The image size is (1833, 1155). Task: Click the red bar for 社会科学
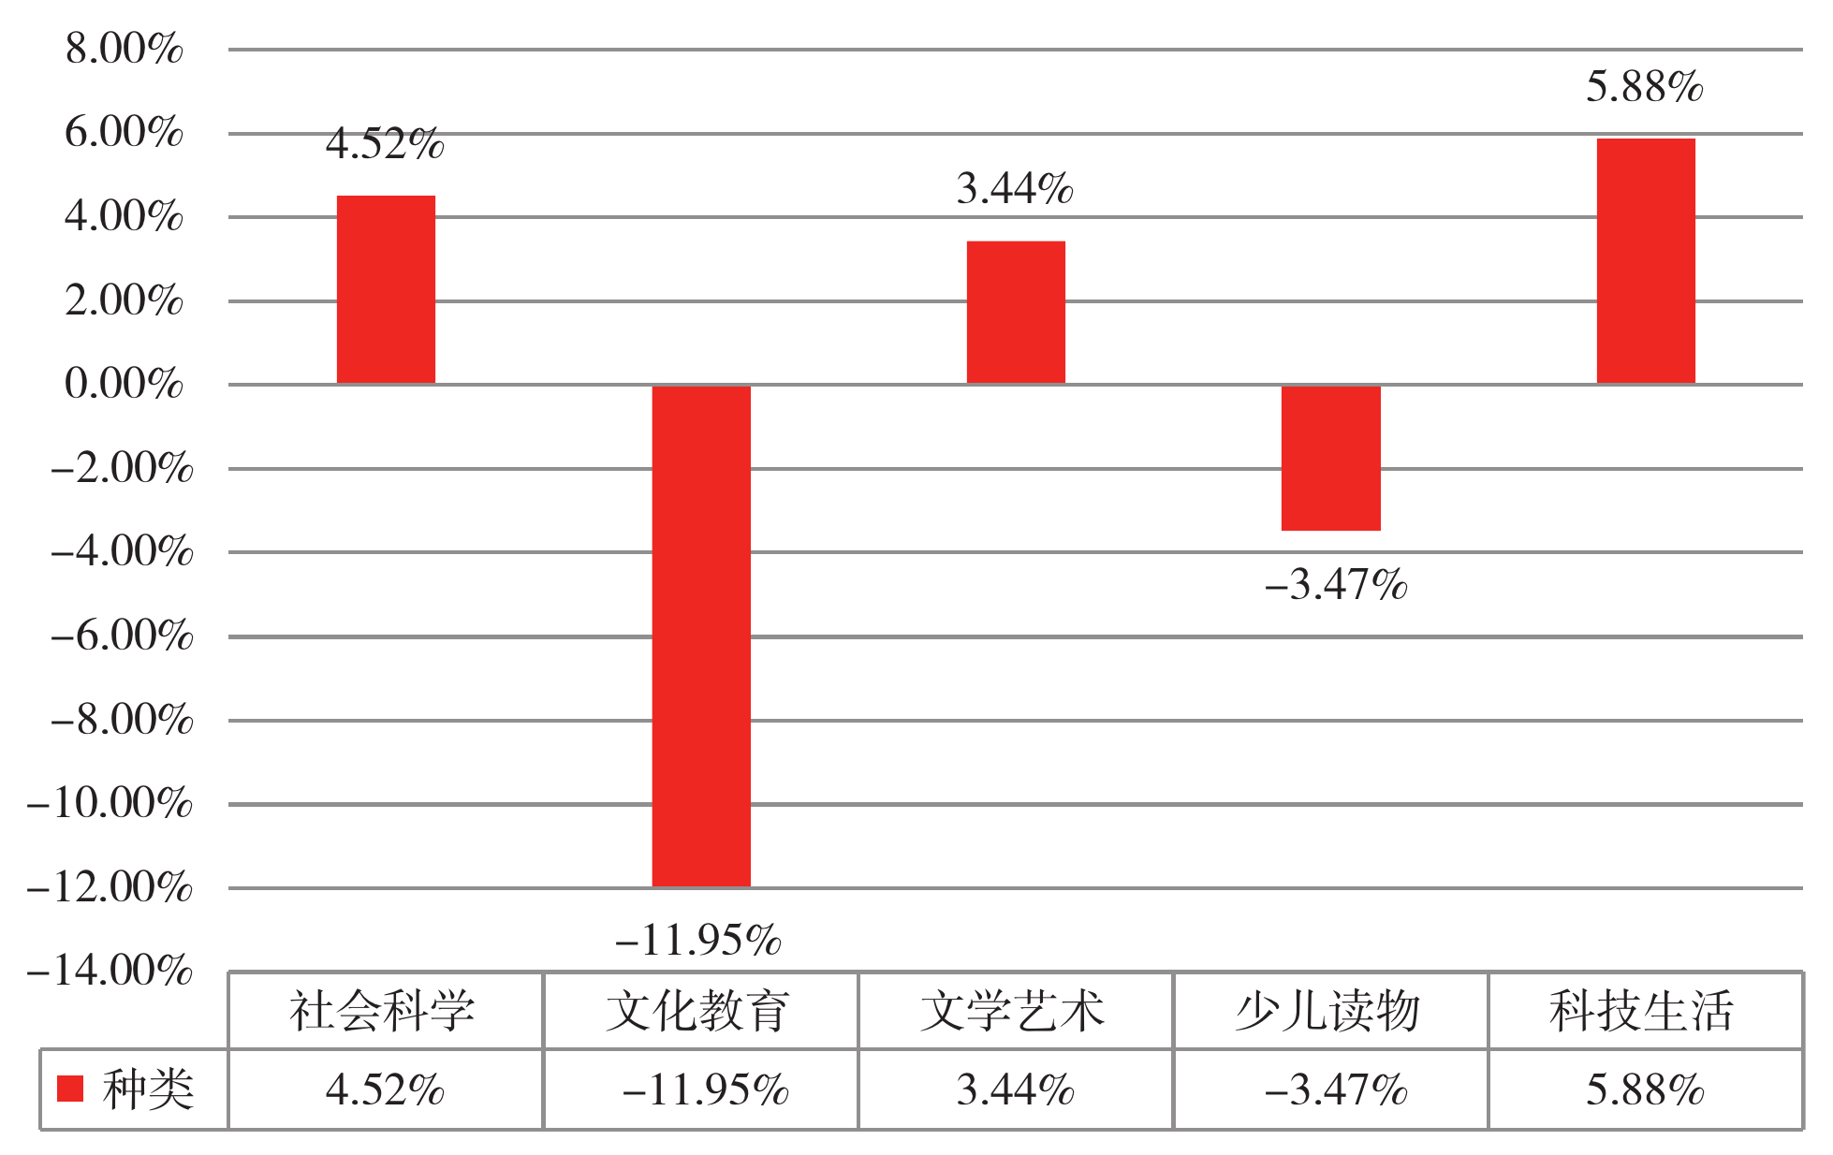(386, 290)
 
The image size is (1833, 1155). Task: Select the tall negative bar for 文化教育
(701, 636)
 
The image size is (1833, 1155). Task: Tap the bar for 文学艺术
(1016, 313)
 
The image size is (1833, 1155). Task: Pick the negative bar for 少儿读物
(1330, 458)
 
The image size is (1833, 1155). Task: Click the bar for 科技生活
(1646, 261)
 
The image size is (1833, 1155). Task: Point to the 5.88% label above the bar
(1645, 88)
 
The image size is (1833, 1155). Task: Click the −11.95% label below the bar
(698, 940)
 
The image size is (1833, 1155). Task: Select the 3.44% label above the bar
(1015, 189)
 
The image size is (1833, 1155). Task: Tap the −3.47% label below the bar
(1336, 586)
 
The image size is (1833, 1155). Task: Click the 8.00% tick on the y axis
(124, 49)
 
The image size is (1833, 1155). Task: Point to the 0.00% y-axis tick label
(124, 384)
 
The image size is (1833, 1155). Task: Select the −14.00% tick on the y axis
(110, 971)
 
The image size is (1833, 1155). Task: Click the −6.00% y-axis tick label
(122, 636)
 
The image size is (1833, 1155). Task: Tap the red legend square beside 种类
(70, 1089)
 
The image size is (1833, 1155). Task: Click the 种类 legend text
(148, 1089)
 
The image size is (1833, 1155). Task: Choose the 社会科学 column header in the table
(383, 1012)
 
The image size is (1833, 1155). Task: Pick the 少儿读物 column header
(1328, 1012)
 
